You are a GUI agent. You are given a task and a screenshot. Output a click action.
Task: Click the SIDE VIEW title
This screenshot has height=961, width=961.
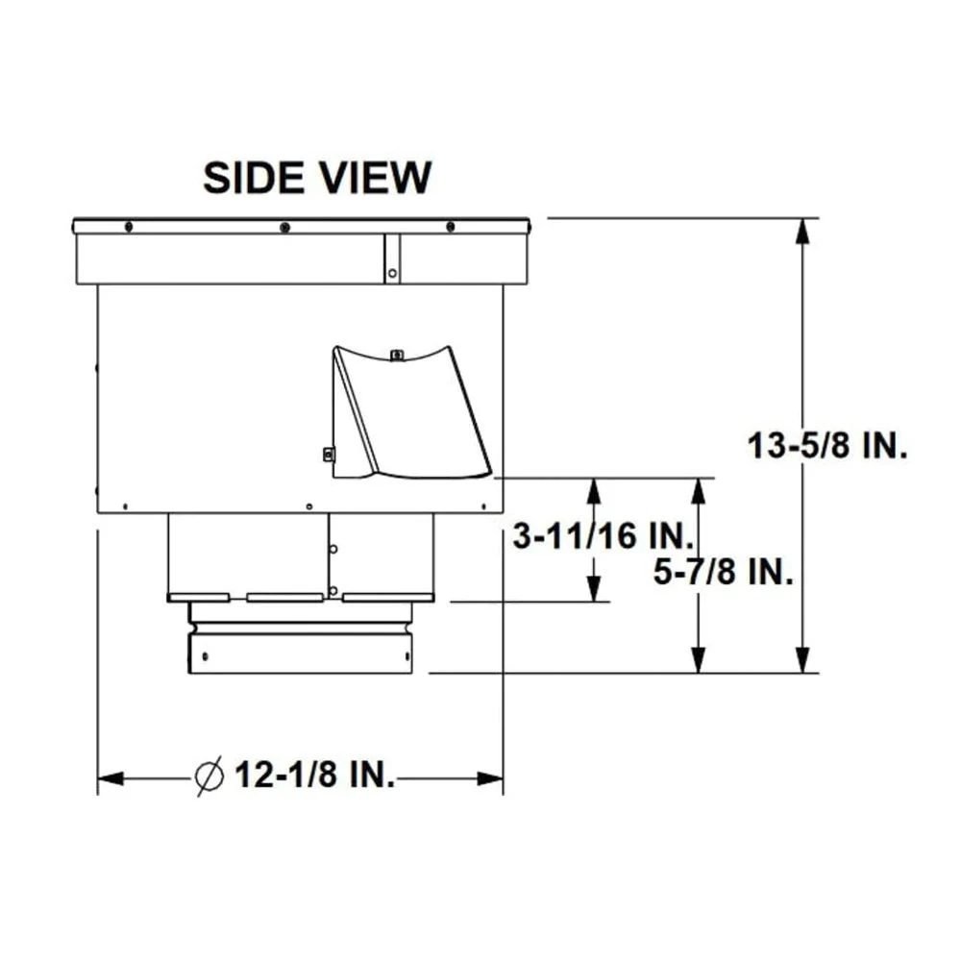click(317, 178)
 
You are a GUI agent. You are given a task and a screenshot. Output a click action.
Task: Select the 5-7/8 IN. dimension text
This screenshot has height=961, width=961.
click(723, 574)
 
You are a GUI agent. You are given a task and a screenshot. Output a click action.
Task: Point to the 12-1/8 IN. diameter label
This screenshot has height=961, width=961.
click(313, 776)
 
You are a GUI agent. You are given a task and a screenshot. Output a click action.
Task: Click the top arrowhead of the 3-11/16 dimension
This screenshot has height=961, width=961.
click(594, 490)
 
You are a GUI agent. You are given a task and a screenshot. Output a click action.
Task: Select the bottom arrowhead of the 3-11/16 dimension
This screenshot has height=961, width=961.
click(594, 590)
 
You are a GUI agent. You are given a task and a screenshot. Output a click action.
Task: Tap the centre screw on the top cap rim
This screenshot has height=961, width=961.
click(284, 227)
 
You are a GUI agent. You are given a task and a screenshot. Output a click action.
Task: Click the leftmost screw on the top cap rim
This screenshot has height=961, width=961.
click(128, 227)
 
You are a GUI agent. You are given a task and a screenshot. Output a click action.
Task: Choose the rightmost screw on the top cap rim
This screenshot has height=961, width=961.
click(450, 227)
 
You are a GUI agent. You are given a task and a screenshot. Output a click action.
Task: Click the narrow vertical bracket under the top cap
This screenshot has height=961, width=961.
click(392, 259)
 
